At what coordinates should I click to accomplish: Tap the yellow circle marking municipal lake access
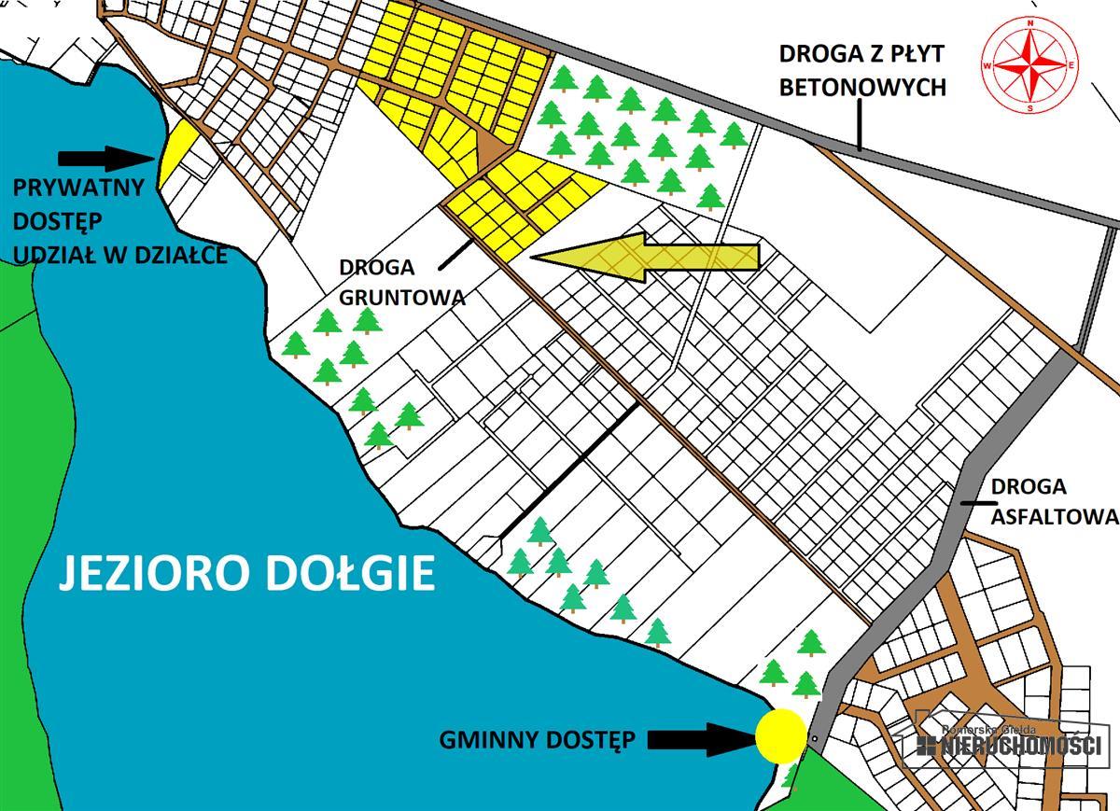tap(780, 735)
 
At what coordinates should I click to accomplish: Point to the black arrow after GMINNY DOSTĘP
tap(700, 739)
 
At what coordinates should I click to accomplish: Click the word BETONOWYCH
tap(862, 88)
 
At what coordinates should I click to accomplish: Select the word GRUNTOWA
tap(402, 297)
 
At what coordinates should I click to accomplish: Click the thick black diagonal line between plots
tap(568, 470)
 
